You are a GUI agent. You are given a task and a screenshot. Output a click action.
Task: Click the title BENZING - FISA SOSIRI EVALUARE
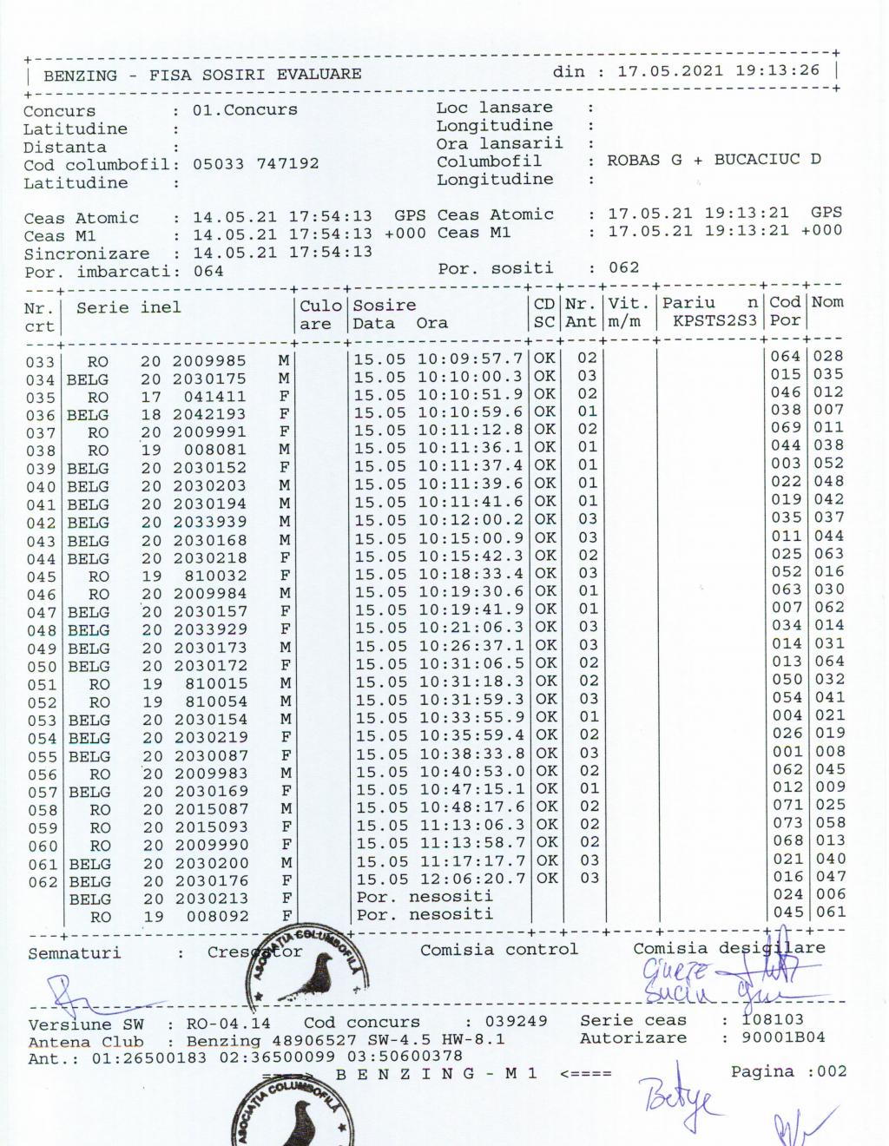pyautogui.click(x=202, y=75)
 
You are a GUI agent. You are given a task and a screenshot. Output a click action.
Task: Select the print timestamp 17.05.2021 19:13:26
pyautogui.click(x=718, y=70)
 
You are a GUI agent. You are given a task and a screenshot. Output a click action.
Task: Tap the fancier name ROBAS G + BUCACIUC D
pyautogui.click(x=714, y=160)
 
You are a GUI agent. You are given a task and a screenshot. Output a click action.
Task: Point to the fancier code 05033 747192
pyautogui.click(x=255, y=164)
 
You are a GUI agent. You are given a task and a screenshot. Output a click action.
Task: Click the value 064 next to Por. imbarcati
pyautogui.click(x=208, y=271)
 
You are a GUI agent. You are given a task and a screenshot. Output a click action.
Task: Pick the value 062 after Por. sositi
pyautogui.click(x=623, y=267)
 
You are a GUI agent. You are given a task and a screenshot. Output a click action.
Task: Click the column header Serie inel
pyautogui.click(x=128, y=307)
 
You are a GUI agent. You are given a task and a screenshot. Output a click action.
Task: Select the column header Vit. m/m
pyautogui.click(x=629, y=312)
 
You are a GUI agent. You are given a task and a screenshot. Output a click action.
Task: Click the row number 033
pyautogui.click(x=40, y=362)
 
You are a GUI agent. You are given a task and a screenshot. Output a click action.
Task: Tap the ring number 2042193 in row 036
pyautogui.click(x=209, y=414)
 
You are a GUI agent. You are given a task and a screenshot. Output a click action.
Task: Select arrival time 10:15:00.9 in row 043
pyautogui.click(x=471, y=539)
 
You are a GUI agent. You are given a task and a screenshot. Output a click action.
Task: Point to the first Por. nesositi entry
pyautogui.click(x=425, y=897)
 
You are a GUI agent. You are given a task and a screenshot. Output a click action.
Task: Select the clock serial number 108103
pyautogui.click(x=773, y=1019)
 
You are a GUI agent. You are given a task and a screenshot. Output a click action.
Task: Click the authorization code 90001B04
pyautogui.click(x=784, y=1037)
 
